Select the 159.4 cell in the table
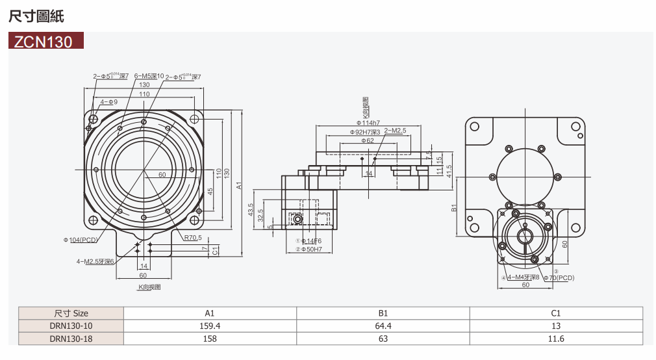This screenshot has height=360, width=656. (x=210, y=326)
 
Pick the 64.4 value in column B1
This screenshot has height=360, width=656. (x=383, y=326)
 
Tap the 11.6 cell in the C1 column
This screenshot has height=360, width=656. (x=556, y=339)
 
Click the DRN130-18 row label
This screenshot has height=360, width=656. (x=71, y=339)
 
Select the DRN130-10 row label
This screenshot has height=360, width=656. (x=71, y=326)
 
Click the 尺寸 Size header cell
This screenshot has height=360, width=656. (x=71, y=313)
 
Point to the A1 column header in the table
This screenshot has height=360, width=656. (x=210, y=313)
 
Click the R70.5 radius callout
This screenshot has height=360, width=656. (x=193, y=238)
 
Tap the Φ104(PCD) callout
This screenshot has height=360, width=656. (x=81, y=240)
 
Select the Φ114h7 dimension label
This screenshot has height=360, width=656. (x=368, y=123)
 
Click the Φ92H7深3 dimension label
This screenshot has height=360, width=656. (x=364, y=132)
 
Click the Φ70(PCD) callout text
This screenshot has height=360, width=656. (x=559, y=277)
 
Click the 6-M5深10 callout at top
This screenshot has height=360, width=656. (x=149, y=77)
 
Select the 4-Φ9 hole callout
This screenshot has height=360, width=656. (x=108, y=102)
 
